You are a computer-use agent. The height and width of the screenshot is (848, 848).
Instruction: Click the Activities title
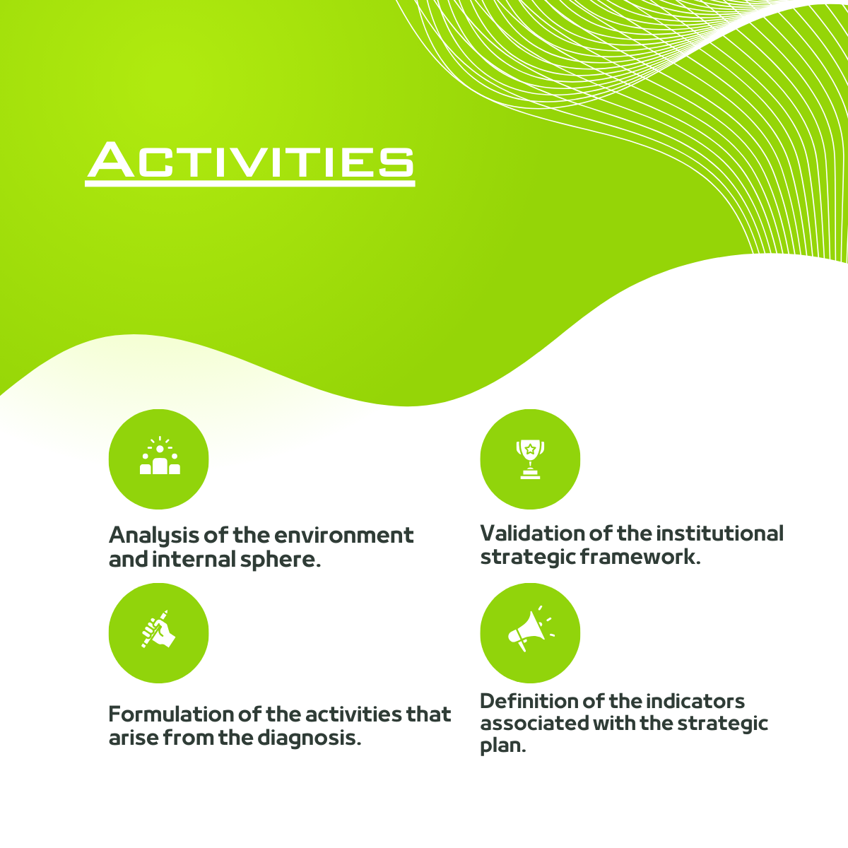[250, 160]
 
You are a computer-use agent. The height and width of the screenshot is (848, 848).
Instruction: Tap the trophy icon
[530, 459]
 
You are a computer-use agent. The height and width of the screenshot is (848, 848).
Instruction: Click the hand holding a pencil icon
[158, 629]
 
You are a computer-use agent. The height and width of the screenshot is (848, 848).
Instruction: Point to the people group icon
[160, 456]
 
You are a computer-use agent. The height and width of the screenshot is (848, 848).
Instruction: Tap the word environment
[343, 535]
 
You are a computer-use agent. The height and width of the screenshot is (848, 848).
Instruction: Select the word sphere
[281, 560]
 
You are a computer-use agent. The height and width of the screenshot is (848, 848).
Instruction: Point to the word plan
[502, 747]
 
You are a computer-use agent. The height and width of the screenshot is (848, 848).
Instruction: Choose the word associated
[534, 724]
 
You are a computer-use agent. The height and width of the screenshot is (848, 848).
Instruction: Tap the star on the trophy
[530, 449]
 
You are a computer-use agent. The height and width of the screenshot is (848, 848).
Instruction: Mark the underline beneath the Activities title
[250, 184]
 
